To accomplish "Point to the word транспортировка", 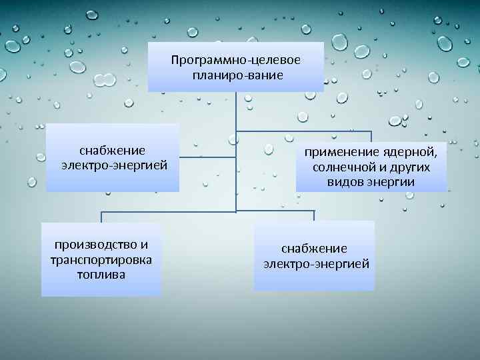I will click(101, 259).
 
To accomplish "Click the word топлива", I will click(101, 274).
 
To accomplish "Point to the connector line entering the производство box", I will click(101, 217).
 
